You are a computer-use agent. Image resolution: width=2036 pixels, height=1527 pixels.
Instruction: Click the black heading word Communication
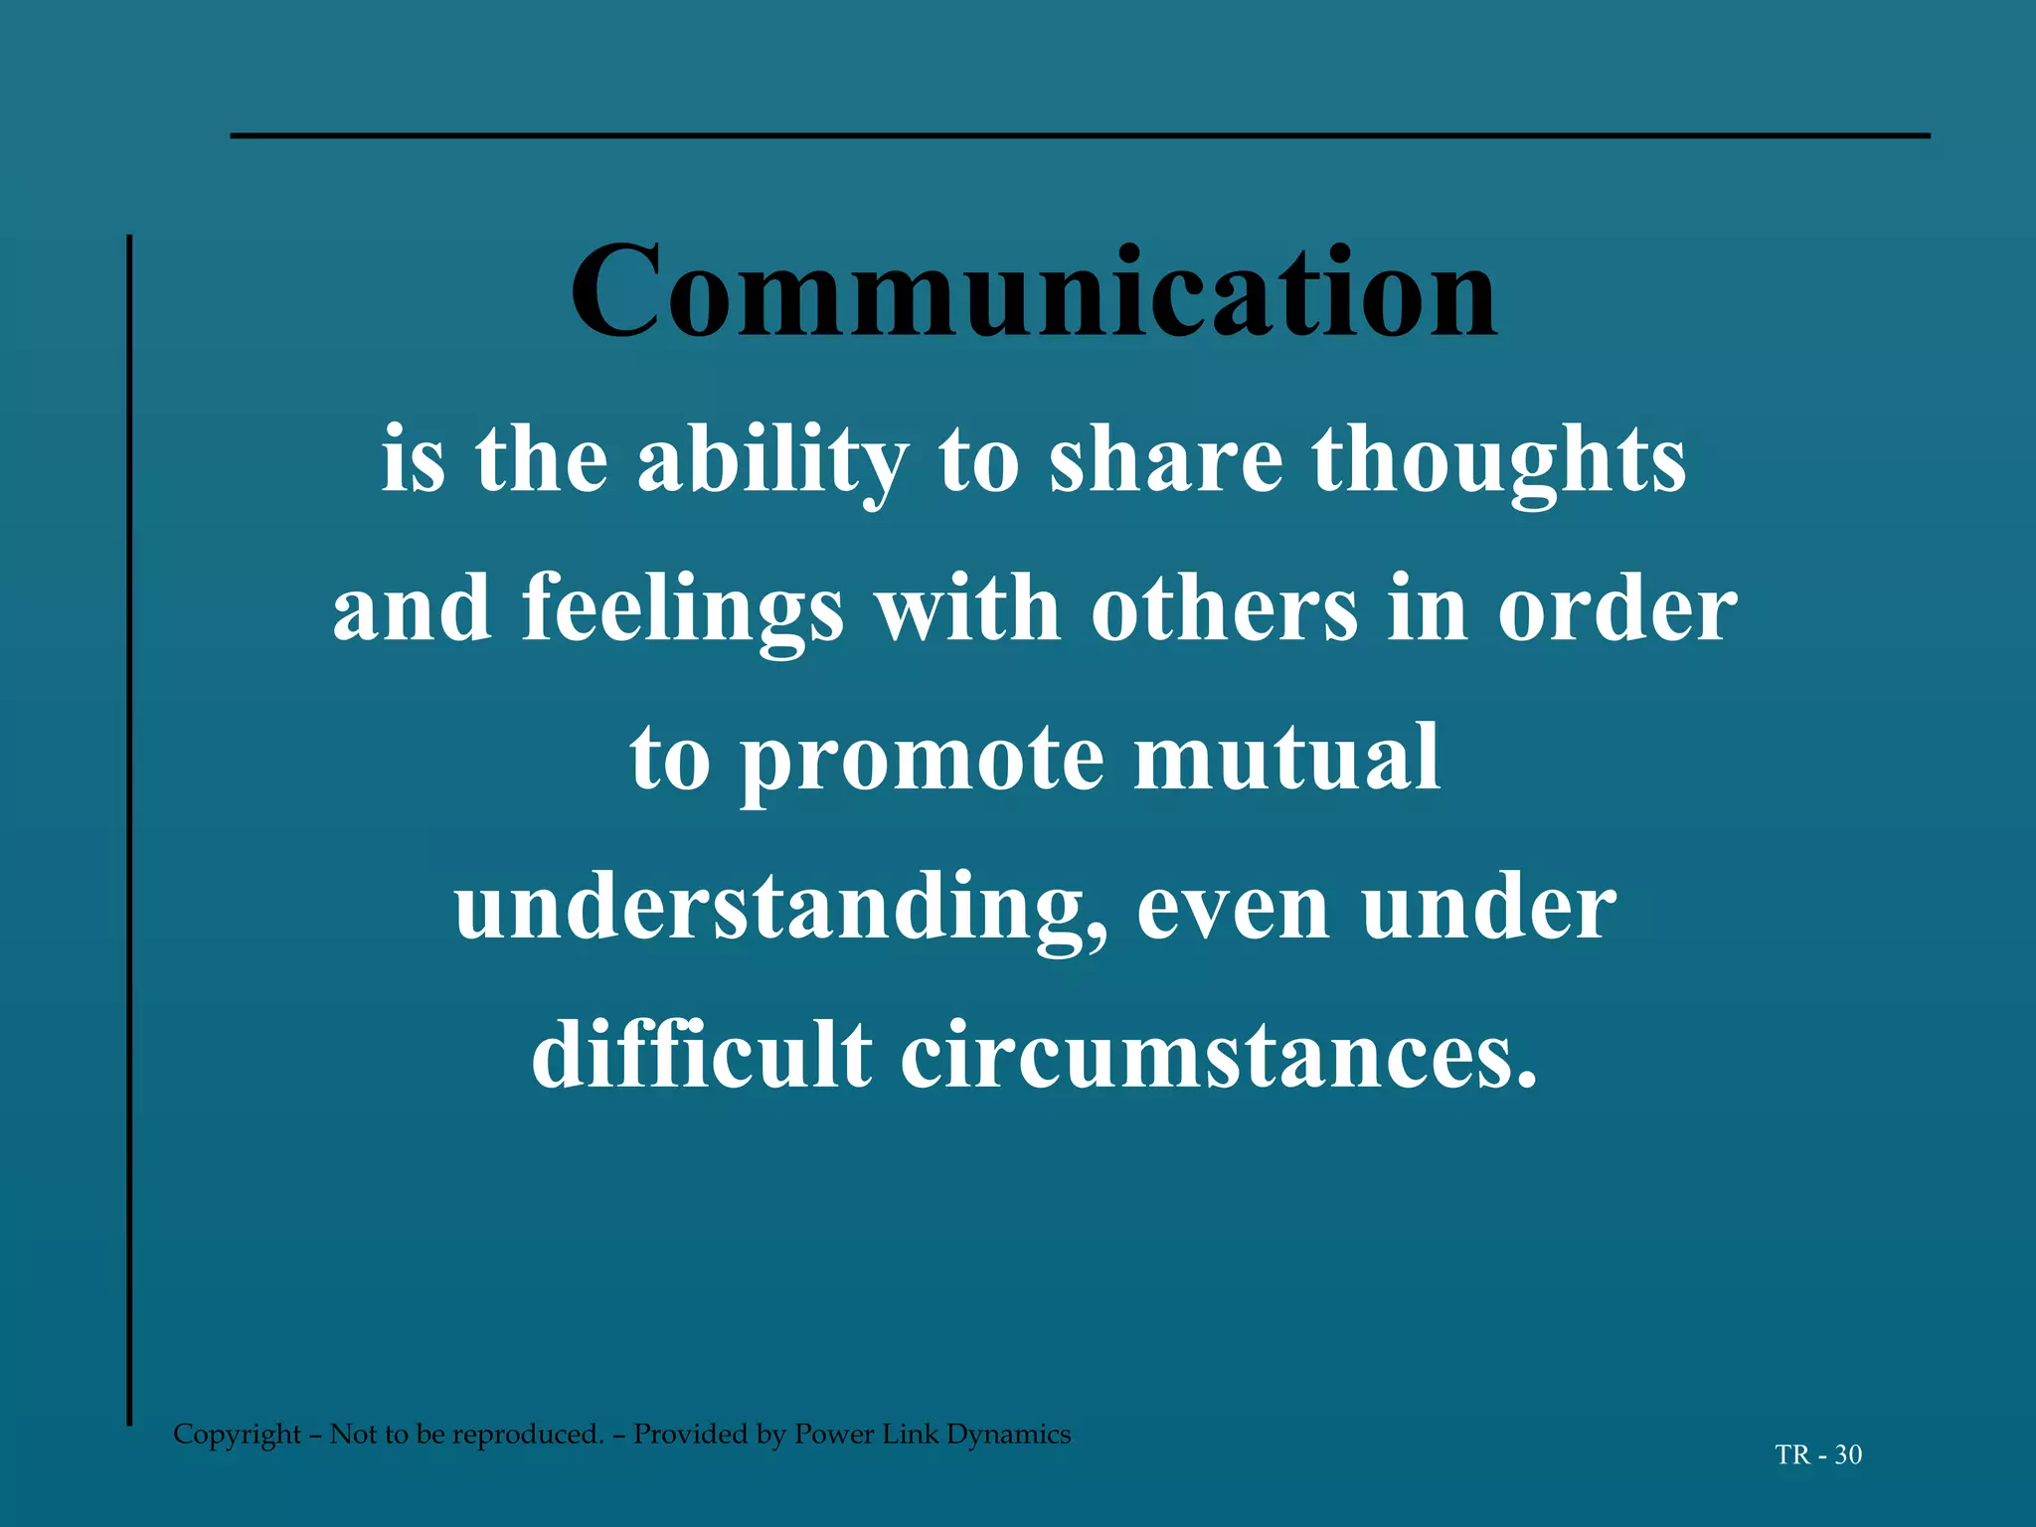click(1034, 293)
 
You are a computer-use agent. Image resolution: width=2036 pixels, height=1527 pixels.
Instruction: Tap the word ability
click(772, 462)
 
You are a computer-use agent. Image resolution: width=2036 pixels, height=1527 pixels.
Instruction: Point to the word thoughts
click(1499, 462)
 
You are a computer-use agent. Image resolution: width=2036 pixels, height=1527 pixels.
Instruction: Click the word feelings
click(683, 611)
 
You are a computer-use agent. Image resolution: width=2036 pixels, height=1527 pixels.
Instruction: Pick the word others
click(1224, 609)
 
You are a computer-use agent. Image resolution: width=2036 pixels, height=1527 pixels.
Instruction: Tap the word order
click(1617, 609)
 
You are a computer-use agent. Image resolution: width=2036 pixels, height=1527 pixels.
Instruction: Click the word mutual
click(1287, 758)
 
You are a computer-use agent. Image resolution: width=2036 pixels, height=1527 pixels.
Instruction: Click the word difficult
click(701, 1056)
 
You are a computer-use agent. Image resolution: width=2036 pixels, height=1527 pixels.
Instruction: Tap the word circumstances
click(1219, 1056)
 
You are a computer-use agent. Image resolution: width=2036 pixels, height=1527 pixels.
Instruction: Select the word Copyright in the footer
click(237, 1435)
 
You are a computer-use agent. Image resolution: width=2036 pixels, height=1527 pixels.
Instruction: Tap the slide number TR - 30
click(1818, 1455)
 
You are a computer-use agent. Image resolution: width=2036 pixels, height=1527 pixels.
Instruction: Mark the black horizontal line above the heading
click(1080, 135)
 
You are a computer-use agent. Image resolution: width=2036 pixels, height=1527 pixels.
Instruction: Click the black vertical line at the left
click(129, 830)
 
